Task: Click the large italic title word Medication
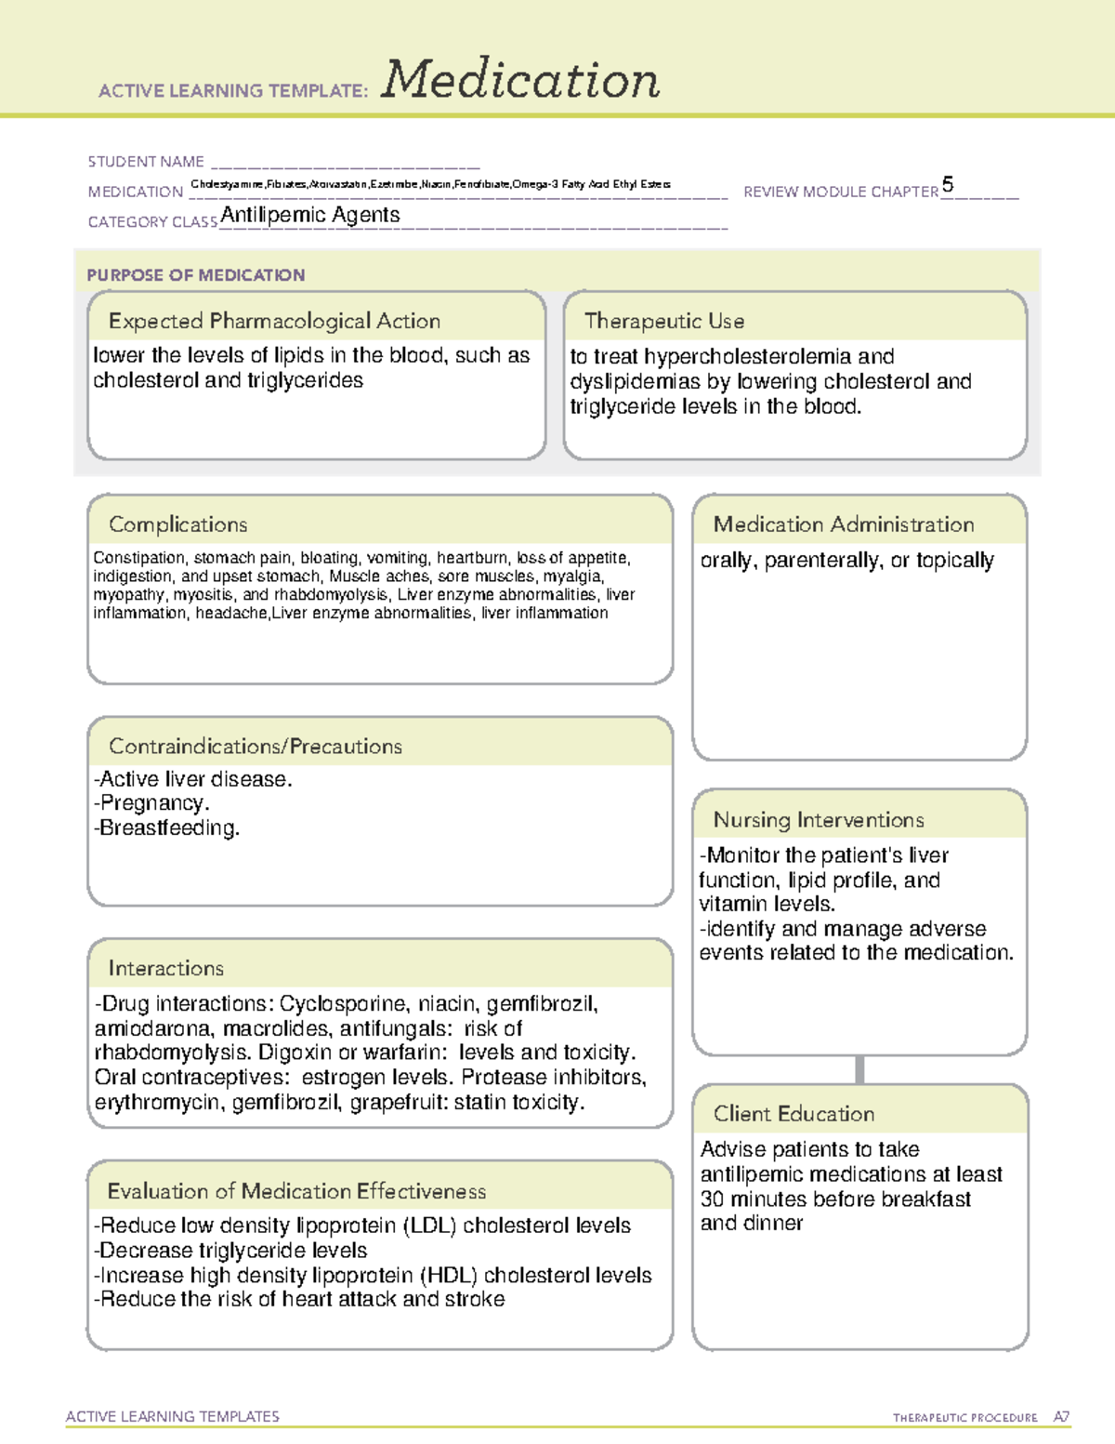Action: (x=520, y=80)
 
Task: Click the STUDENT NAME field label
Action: (x=146, y=162)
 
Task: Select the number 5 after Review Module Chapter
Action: (x=947, y=184)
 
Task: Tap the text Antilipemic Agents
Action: (x=310, y=215)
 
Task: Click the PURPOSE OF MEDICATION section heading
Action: (x=196, y=275)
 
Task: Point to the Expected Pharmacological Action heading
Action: (x=274, y=321)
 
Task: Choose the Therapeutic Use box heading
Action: (x=664, y=321)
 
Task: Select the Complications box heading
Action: (x=177, y=524)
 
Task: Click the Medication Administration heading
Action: (x=844, y=524)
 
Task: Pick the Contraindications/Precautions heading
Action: (x=256, y=746)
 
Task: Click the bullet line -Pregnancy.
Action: (x=152, y=803)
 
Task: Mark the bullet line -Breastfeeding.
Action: (x=167, y=828)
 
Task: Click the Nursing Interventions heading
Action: (x=819, y=819)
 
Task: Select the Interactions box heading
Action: (x=165, y=968)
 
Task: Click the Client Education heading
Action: (x=794, y=1114)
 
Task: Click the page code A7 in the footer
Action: (x=1060, y=1417)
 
